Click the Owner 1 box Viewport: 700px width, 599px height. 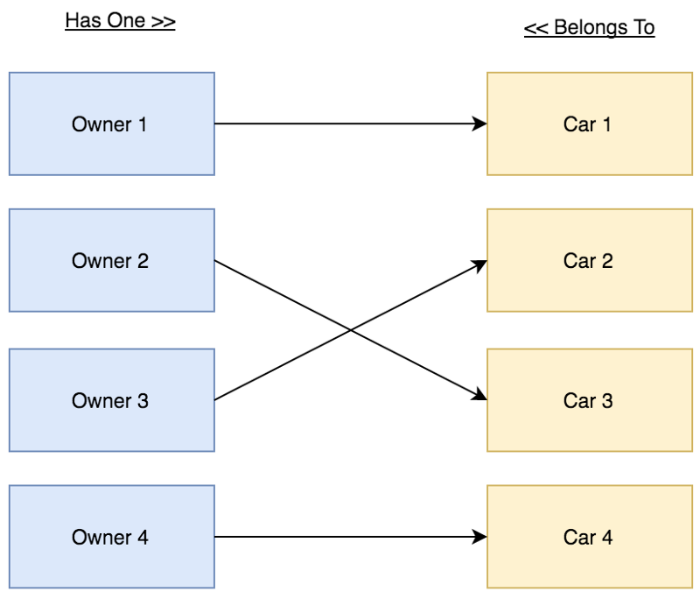[111, 123]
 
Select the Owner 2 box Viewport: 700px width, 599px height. [111, 260]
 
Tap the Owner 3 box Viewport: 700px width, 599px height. [111, 400]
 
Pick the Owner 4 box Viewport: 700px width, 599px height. [111, 537]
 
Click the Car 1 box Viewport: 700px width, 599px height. [588, 123]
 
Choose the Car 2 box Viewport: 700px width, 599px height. [588, 260]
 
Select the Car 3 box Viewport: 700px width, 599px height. [588, 400]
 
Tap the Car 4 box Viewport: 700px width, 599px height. [588, 537]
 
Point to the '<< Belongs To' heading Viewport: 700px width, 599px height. [589, 28]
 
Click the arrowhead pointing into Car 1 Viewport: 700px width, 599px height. [479, 123]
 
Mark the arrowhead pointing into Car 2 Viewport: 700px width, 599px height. [479, 263]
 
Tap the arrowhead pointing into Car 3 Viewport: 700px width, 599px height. [479, 398]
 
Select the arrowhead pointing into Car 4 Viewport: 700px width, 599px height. [479, 537]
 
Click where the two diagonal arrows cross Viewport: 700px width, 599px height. [351, 330]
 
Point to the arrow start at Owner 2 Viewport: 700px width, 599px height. [216, 260]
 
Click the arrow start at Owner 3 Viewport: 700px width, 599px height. [216, 400]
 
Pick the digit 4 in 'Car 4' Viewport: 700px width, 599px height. [606, 537]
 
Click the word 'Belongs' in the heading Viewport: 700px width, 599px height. [586, 28]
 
